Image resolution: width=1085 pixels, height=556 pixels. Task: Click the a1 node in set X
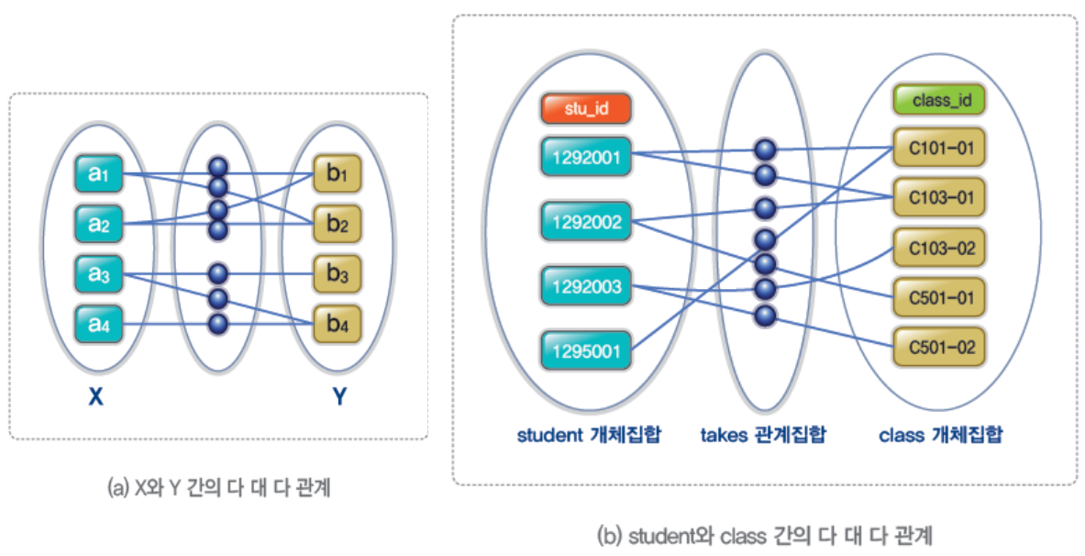[98, 173]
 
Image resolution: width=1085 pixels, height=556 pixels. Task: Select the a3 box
[98, 274]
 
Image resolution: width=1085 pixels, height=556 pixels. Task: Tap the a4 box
[98, 324]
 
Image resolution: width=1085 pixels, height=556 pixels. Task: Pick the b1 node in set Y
[337, 173]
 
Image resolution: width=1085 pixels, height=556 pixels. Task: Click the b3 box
[337, 274]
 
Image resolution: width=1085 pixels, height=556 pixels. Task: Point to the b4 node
[337, 324]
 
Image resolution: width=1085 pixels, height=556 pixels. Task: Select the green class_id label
[939, 99]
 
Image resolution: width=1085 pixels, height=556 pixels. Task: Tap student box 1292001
[586, 156]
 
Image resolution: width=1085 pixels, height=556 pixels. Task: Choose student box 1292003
[586, 287]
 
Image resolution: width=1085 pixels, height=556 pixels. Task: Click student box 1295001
[586, 350]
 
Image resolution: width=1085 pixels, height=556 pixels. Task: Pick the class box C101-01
[939, 146]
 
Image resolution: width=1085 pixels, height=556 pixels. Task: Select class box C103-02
[939, 249]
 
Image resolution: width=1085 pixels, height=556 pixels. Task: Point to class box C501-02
[939, 348]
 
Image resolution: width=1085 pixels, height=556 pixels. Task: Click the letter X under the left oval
[95, 398]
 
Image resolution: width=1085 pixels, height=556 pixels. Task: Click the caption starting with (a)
[219, 489]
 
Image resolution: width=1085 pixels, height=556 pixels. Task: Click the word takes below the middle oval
[725, 434]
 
